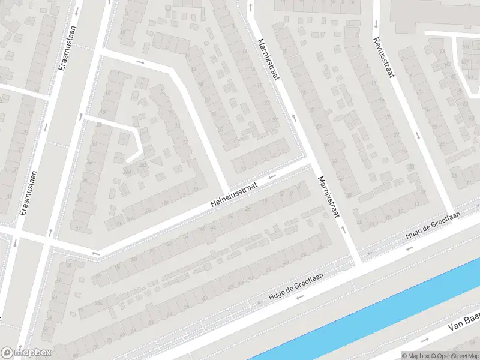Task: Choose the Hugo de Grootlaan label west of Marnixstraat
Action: coord(296,286)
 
